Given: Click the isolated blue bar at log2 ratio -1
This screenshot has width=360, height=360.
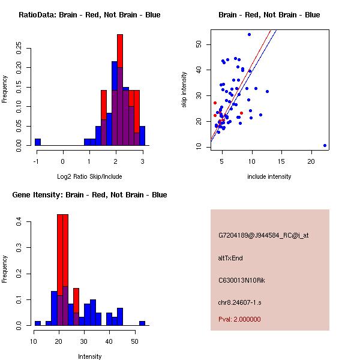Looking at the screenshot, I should point(38,142).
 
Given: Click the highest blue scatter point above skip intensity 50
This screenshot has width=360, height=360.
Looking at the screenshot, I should point(249,35).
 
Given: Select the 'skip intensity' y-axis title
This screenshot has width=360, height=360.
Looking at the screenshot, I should point(184,89).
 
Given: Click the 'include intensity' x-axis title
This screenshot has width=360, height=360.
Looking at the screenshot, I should point(269,176).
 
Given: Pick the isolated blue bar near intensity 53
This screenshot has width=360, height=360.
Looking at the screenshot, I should point(142,323).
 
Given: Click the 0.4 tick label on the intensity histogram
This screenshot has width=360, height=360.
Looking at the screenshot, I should point(19,221).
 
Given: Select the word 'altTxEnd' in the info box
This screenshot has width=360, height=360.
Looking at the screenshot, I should point(230,258).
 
